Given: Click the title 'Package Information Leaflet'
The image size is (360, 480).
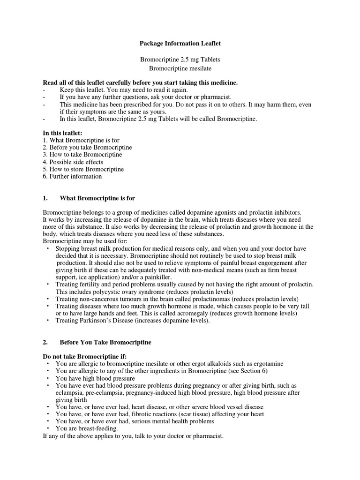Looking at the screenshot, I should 180,43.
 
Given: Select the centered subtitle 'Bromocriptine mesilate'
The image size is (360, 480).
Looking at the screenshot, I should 180,68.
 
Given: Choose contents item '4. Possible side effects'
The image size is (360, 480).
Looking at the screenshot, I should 73,162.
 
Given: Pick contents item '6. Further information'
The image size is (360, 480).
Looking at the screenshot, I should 72,176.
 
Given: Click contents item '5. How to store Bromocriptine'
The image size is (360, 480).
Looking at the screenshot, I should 83,169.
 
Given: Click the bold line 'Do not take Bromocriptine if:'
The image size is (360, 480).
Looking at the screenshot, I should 85,357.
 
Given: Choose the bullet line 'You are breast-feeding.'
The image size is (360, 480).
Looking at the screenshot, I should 87,428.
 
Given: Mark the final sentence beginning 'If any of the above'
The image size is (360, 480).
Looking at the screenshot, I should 133,436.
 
